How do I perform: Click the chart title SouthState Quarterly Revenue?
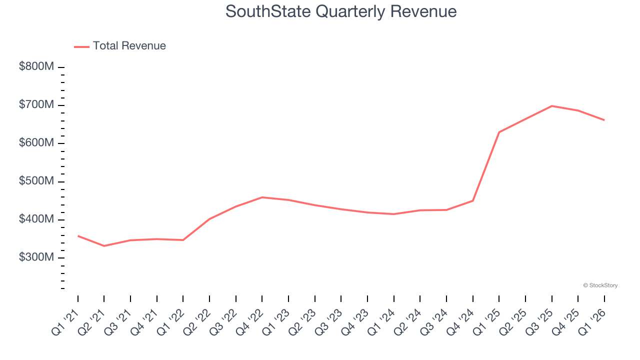[x=341, y=11]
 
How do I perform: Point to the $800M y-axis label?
[x=36, y=67]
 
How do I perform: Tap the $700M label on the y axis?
[x=36, y=105]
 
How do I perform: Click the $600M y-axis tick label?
[x=36, y=143]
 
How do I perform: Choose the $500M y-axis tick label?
[x=36, y=181]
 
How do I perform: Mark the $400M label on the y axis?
[x=36, y=219]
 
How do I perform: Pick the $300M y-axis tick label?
[x=36, y=257]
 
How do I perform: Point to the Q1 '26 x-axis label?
[x=594, y=321]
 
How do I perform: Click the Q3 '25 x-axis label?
[x=541, y=321]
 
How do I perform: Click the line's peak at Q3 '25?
[x=551, y=106]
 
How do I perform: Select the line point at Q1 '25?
[x=499, y=132]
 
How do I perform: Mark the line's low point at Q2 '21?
[x=104, y=246]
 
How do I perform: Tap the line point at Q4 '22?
[x=262, y=197]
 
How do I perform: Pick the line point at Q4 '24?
[x=472, y=200]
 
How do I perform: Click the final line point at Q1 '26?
[x=604, y=120]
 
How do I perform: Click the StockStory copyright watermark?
[x=600, y=285]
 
